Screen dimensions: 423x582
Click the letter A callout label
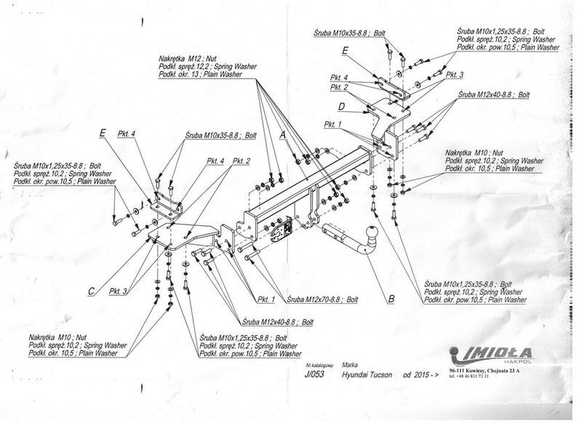click(x=282, y=136)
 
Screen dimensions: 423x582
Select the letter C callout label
click(x=91, y=291)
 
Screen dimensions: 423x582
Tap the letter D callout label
click(x=340, y=106)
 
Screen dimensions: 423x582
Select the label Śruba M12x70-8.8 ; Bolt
click(x=323, y=299)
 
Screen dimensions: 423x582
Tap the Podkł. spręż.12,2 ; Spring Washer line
click(x=207, y=65)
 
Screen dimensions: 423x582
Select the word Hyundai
click(x=359, y=377)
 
